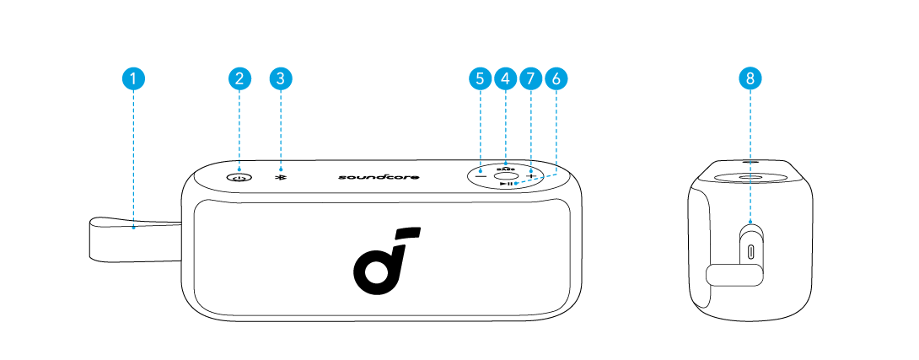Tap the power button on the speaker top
tap(239, 177)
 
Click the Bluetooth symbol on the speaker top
tap(280, 177)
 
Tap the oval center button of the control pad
tap(505, 175)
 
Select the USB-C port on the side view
tap(750, 250)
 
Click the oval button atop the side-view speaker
tap(750, 178)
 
